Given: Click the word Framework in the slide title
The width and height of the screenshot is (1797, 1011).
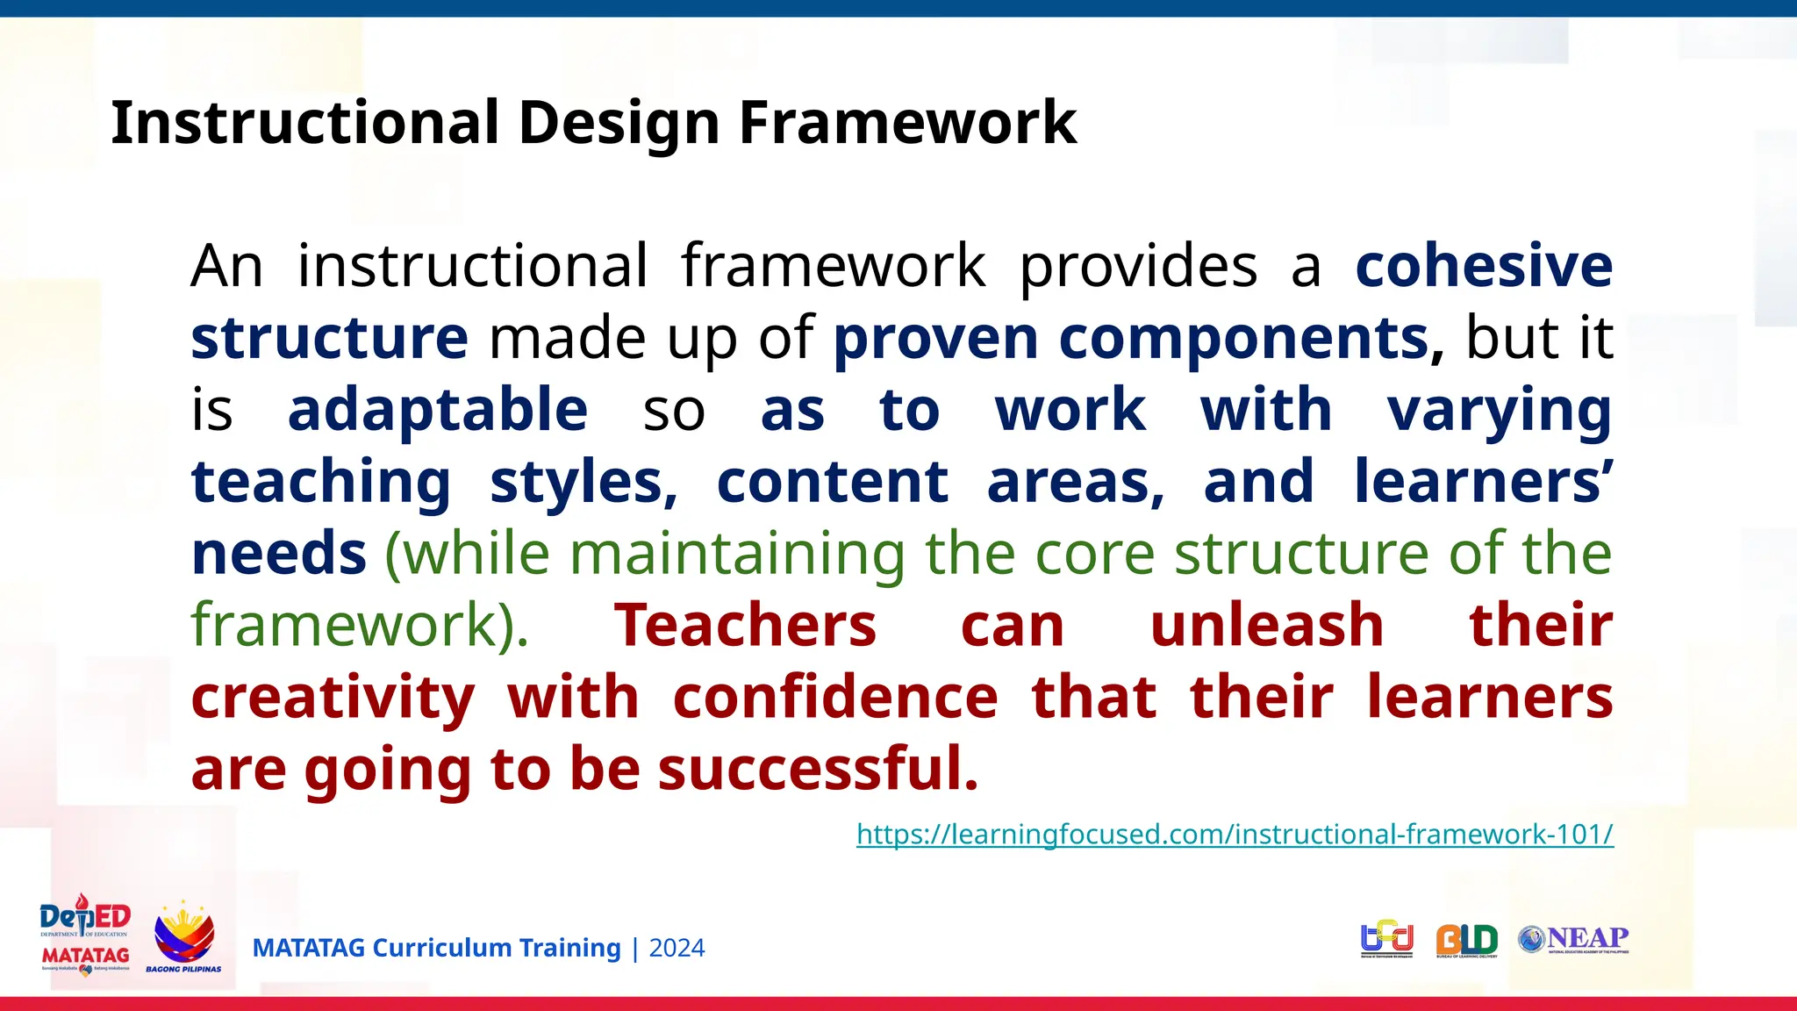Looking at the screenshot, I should [907, 122].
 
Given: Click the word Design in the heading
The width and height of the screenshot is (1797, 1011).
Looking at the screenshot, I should [619, 122].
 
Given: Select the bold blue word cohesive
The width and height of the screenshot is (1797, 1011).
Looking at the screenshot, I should [1484, 265].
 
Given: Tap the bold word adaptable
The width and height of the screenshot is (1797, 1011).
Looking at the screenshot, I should [437, 409].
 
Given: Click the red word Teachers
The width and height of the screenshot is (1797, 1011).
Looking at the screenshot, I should [745, 625].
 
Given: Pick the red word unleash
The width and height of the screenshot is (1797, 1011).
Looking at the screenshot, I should [1266, 625].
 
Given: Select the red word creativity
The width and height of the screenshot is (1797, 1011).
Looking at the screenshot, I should [333, 697].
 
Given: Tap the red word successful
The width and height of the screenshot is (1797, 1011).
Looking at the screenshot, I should [817, 769].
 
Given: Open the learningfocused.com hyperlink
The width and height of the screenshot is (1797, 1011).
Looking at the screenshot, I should [1234, 834].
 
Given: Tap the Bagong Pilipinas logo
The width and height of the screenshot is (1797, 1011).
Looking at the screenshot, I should [183, 937].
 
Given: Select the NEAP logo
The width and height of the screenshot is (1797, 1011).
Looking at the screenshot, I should [1573, 939].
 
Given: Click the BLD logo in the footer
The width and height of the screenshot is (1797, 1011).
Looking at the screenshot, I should [1466, 941].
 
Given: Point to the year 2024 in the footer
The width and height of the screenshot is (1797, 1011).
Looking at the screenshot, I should [677, 949].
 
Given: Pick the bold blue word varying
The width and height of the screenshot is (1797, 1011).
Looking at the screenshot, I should [1499, 411].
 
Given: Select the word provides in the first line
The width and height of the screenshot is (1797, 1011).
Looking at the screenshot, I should [1137, 265].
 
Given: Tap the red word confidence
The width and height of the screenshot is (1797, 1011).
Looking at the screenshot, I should [834, 697].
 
